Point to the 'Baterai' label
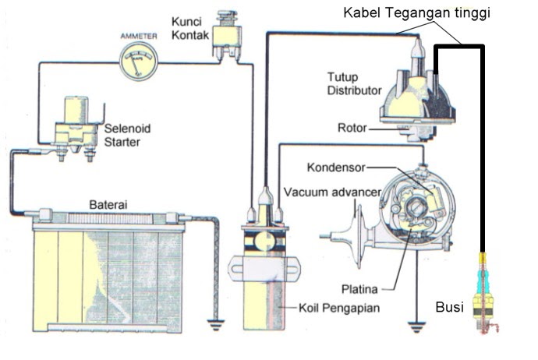(108, 204)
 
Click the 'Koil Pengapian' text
(339, 308)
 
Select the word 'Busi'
(448, 308)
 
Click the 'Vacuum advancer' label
(331, 192)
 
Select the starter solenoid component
(77, 125)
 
